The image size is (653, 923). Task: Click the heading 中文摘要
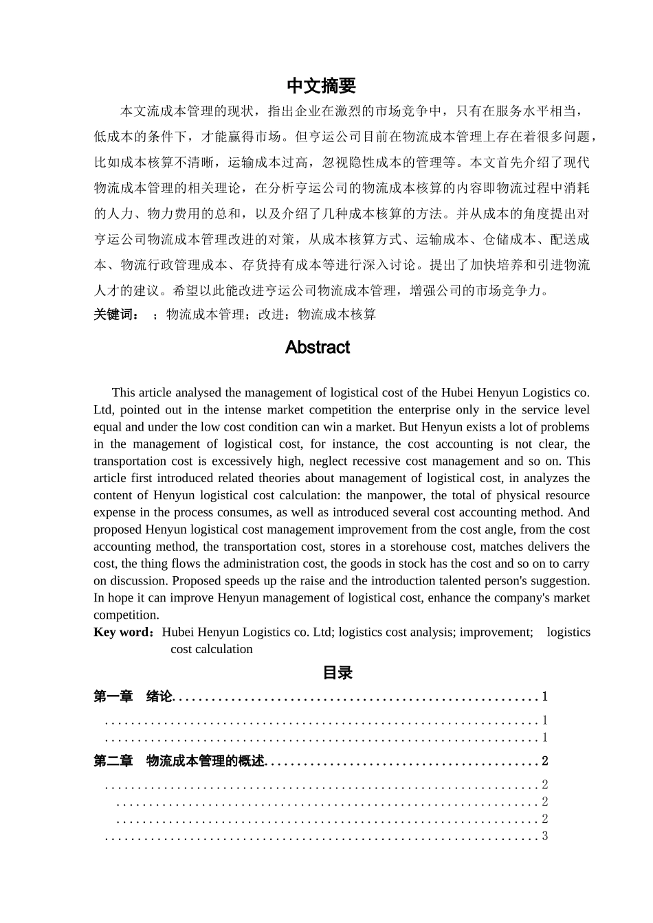click(x=321, y=86)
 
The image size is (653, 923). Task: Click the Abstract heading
click(x=318, y=347)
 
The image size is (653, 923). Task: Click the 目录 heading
click(x=337, y=673)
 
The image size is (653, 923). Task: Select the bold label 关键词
click(x=115, y=315)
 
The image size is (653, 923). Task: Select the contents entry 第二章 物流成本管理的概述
click(x=179, y=761)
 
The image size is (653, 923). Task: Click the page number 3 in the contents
click(x=545, y=836)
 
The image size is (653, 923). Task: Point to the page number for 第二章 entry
click(x=545, y=761)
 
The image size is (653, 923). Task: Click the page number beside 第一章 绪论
click(x=545, y=696)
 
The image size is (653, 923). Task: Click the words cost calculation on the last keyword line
click(x=212, y=649)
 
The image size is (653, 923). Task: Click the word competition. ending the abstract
click(x=126, y=615)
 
